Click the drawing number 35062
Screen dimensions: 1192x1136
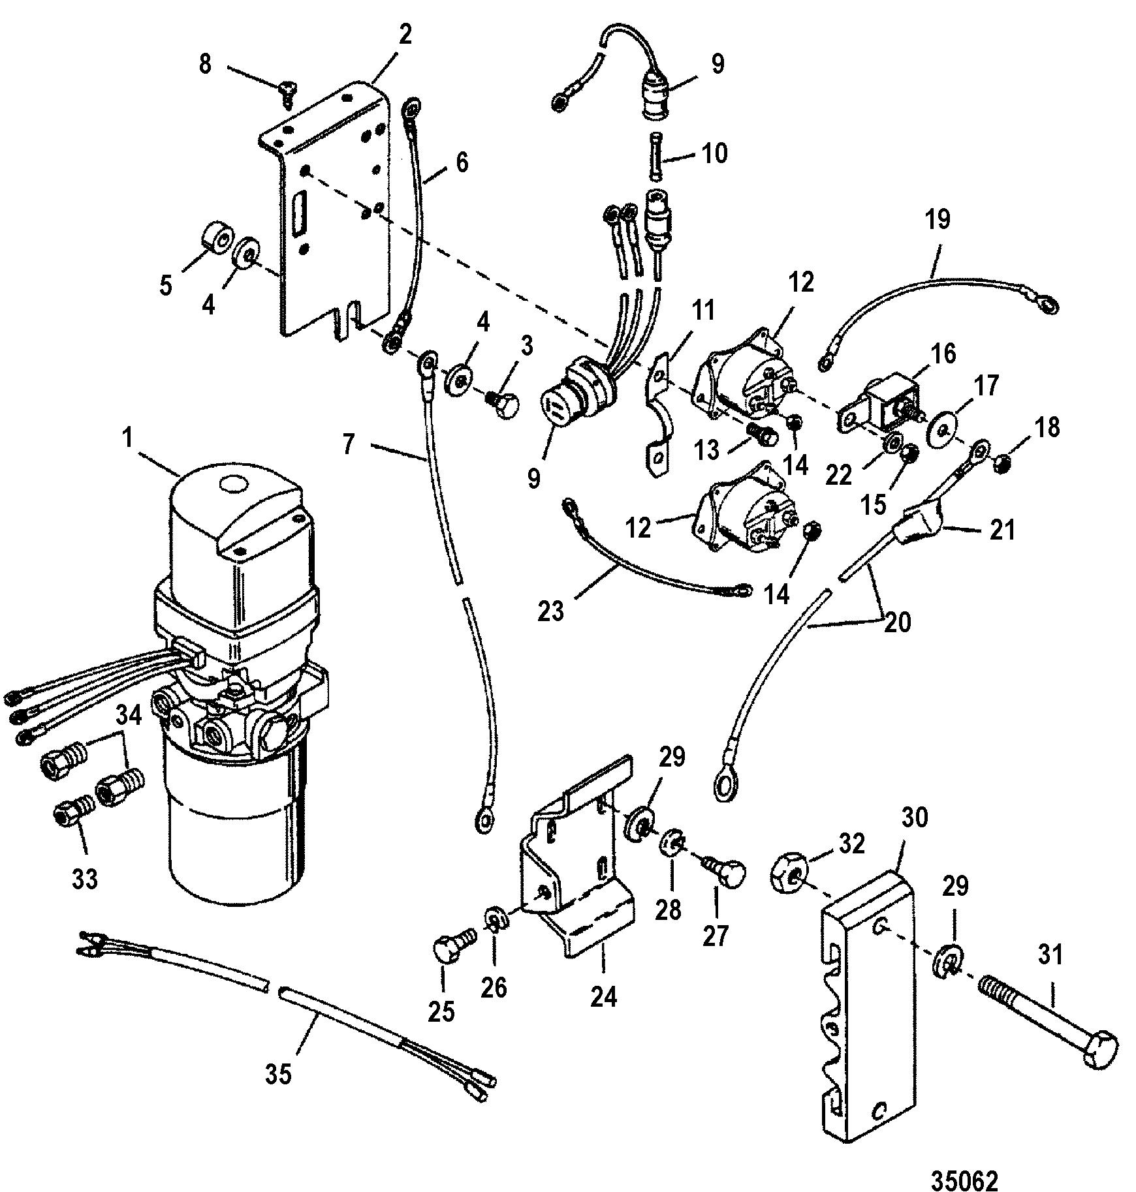(x=964, y=1163)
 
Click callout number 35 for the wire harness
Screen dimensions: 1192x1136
(x=277, y=1073)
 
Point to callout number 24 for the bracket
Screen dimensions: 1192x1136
(x=603, y=996)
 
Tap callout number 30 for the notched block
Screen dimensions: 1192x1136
(x=913, y=817)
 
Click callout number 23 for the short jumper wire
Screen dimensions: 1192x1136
(x=550, y=611)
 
